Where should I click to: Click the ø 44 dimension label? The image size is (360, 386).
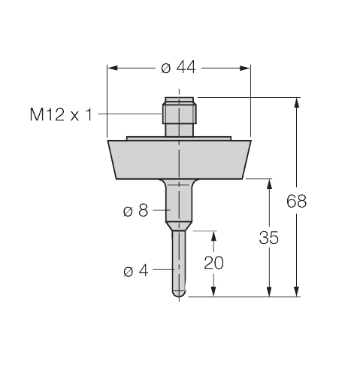click(x=178, y=68)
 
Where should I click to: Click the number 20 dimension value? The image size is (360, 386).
click(x=214, y=263)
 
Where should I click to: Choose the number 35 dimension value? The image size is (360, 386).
click(x=269, y=238)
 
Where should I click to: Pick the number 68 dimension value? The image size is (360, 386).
click(x=298, y=201)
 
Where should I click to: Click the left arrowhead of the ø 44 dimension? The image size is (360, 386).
click(x=112, y=68)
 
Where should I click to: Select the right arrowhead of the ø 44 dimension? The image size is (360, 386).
click(x=245, y=68)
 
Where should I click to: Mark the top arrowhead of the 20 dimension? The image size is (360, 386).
click(x=214, y=236)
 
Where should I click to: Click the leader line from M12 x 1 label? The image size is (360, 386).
click(x=132, y=114)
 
